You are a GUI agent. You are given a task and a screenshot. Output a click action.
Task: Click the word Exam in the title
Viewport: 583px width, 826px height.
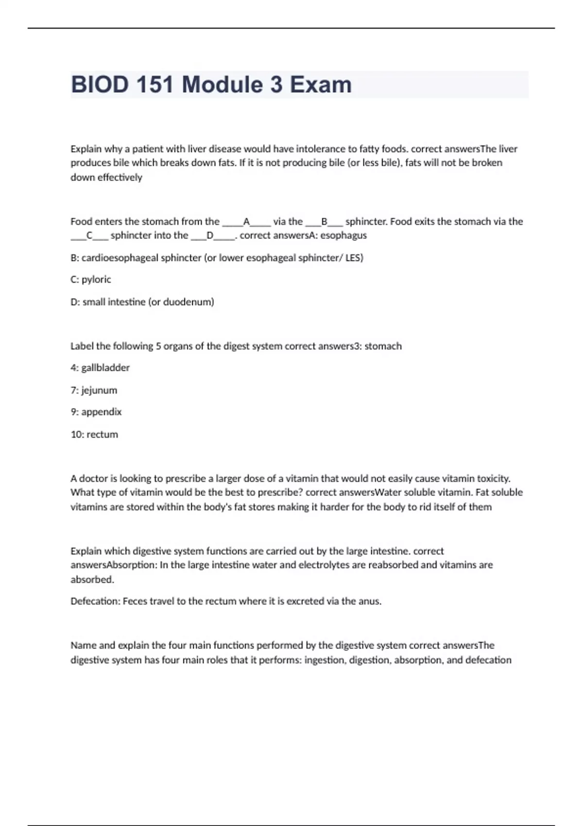click(321, 85)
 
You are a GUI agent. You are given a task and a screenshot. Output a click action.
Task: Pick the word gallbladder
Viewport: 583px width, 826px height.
click(105, 368)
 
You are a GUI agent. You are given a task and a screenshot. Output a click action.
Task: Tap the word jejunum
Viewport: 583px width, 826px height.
click(99, 390)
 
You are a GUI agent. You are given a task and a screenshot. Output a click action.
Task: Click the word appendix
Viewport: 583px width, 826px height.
click(102, 412)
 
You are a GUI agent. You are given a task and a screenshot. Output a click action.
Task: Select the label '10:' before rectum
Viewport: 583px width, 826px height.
click(77, 434)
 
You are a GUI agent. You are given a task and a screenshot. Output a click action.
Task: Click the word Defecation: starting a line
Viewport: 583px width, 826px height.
click(95, 601)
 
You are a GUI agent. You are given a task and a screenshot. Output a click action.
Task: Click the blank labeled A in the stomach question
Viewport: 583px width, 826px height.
click(246, 222)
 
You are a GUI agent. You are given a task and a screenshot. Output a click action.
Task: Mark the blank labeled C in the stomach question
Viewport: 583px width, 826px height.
click(89, 236)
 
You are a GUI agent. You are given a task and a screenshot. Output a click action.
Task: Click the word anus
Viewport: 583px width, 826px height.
click(370, 601)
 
